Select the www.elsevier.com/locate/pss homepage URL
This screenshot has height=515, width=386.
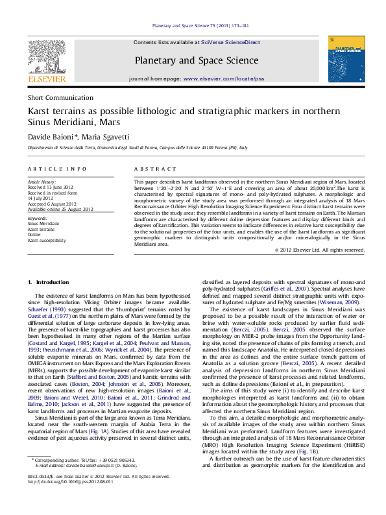[x=224, y=78]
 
